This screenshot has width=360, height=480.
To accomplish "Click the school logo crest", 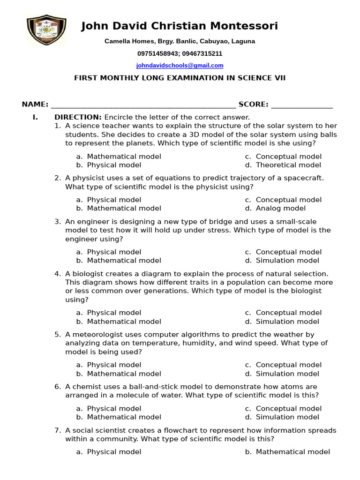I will (46, 30).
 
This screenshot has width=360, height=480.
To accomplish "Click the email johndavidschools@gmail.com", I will (180, 66).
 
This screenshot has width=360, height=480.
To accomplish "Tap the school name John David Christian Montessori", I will (180, 26).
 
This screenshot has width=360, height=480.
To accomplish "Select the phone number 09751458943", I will (157, 54).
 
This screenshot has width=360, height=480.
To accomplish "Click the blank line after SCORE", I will (302, 105).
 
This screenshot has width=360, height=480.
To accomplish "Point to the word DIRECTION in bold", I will (78, 117).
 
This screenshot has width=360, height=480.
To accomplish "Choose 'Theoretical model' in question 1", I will (288, 165).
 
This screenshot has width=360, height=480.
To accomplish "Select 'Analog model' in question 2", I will (280, 208).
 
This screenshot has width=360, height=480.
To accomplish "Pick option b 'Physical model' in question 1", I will (114, 165).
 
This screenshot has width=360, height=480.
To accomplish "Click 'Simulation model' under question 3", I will (287, 261).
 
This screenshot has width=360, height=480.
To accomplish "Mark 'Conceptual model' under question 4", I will (288, 313).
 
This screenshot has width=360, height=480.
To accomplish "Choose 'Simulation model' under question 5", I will (287, 374).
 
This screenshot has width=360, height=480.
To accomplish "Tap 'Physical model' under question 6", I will (114, 408).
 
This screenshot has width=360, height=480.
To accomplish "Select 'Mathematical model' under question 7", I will (292, 452).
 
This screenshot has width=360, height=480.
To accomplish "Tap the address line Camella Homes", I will (180, 41).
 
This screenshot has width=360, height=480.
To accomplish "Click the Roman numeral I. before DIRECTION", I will (35, 117).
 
